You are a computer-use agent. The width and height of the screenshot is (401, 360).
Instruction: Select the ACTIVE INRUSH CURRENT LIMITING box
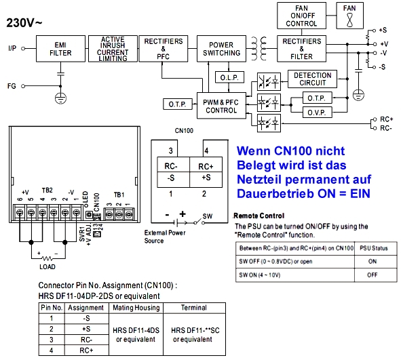pos(113,49)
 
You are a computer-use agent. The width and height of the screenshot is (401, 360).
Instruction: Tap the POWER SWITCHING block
pos(221,49)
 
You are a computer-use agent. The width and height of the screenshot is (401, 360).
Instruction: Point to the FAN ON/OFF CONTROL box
pos(301,15)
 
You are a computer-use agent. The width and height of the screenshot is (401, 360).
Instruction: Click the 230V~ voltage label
pos(24,22)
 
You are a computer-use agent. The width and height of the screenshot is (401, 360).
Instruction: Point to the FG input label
pos(12,86)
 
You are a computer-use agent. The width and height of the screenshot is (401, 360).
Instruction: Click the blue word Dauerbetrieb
pos(271,193)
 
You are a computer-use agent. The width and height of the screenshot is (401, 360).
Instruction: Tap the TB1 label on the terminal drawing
pos(119,193)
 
